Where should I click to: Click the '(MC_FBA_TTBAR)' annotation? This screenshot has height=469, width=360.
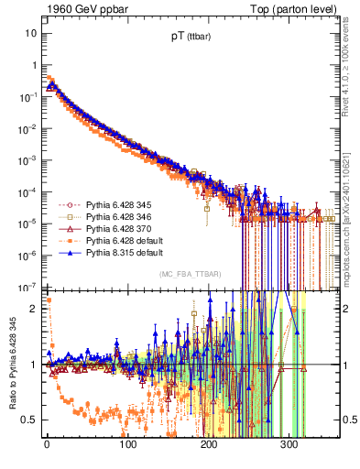pos(187,275)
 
